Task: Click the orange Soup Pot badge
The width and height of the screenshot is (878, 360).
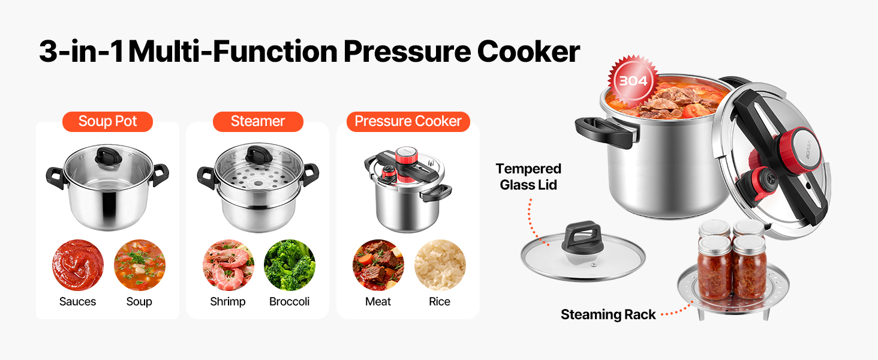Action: point(107,122)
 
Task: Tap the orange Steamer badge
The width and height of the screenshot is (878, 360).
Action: point(258,122)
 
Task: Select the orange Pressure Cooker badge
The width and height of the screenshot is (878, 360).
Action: point(408,122)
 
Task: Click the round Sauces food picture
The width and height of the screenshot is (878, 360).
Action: point(78,265)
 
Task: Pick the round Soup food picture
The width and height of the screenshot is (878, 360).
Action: point(140,265)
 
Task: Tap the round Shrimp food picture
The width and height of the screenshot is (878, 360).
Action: point(228,265)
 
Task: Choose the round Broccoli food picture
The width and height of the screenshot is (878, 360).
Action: point(290,265)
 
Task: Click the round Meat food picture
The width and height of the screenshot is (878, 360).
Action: point(378,265)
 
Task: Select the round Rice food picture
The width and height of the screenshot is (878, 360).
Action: point(440,265)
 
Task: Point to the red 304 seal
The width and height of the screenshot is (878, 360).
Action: point(633,81)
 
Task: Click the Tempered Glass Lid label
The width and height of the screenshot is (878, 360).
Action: point(528,176)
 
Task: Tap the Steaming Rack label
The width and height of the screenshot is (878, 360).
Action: point(608,314)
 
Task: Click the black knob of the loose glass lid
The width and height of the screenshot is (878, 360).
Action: point(582,237)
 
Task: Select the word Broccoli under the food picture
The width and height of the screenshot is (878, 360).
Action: point(289,302)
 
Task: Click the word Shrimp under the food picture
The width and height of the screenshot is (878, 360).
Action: point(228,302)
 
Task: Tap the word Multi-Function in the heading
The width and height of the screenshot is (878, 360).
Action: point(233,52)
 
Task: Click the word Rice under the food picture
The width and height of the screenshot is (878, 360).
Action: point(440,302)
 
